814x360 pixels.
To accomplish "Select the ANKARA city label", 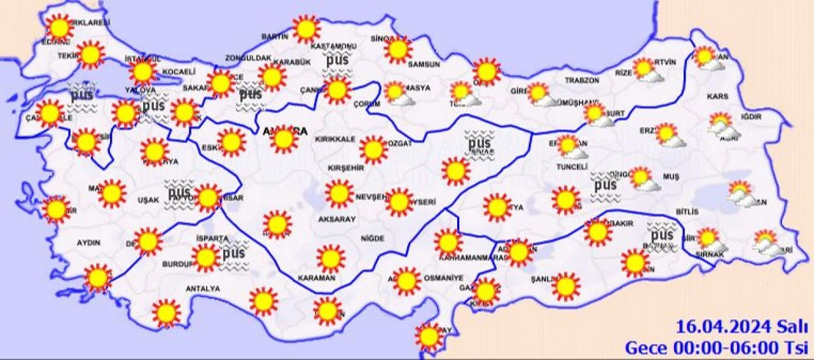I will point(285,131).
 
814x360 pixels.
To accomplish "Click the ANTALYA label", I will point(202,289).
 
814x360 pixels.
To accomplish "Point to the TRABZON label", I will point(582,81).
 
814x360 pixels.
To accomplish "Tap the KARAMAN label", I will point(316,278).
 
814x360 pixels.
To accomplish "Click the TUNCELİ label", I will point(571,167).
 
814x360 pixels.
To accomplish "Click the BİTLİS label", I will point(687,212).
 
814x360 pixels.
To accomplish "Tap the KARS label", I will point(717,97).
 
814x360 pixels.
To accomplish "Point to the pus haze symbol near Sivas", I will point(479,143).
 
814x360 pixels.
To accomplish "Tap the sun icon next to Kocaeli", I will point(144,72).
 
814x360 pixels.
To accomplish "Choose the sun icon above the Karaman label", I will point(330,258).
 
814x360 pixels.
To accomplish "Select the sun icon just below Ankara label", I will point(284,141).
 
